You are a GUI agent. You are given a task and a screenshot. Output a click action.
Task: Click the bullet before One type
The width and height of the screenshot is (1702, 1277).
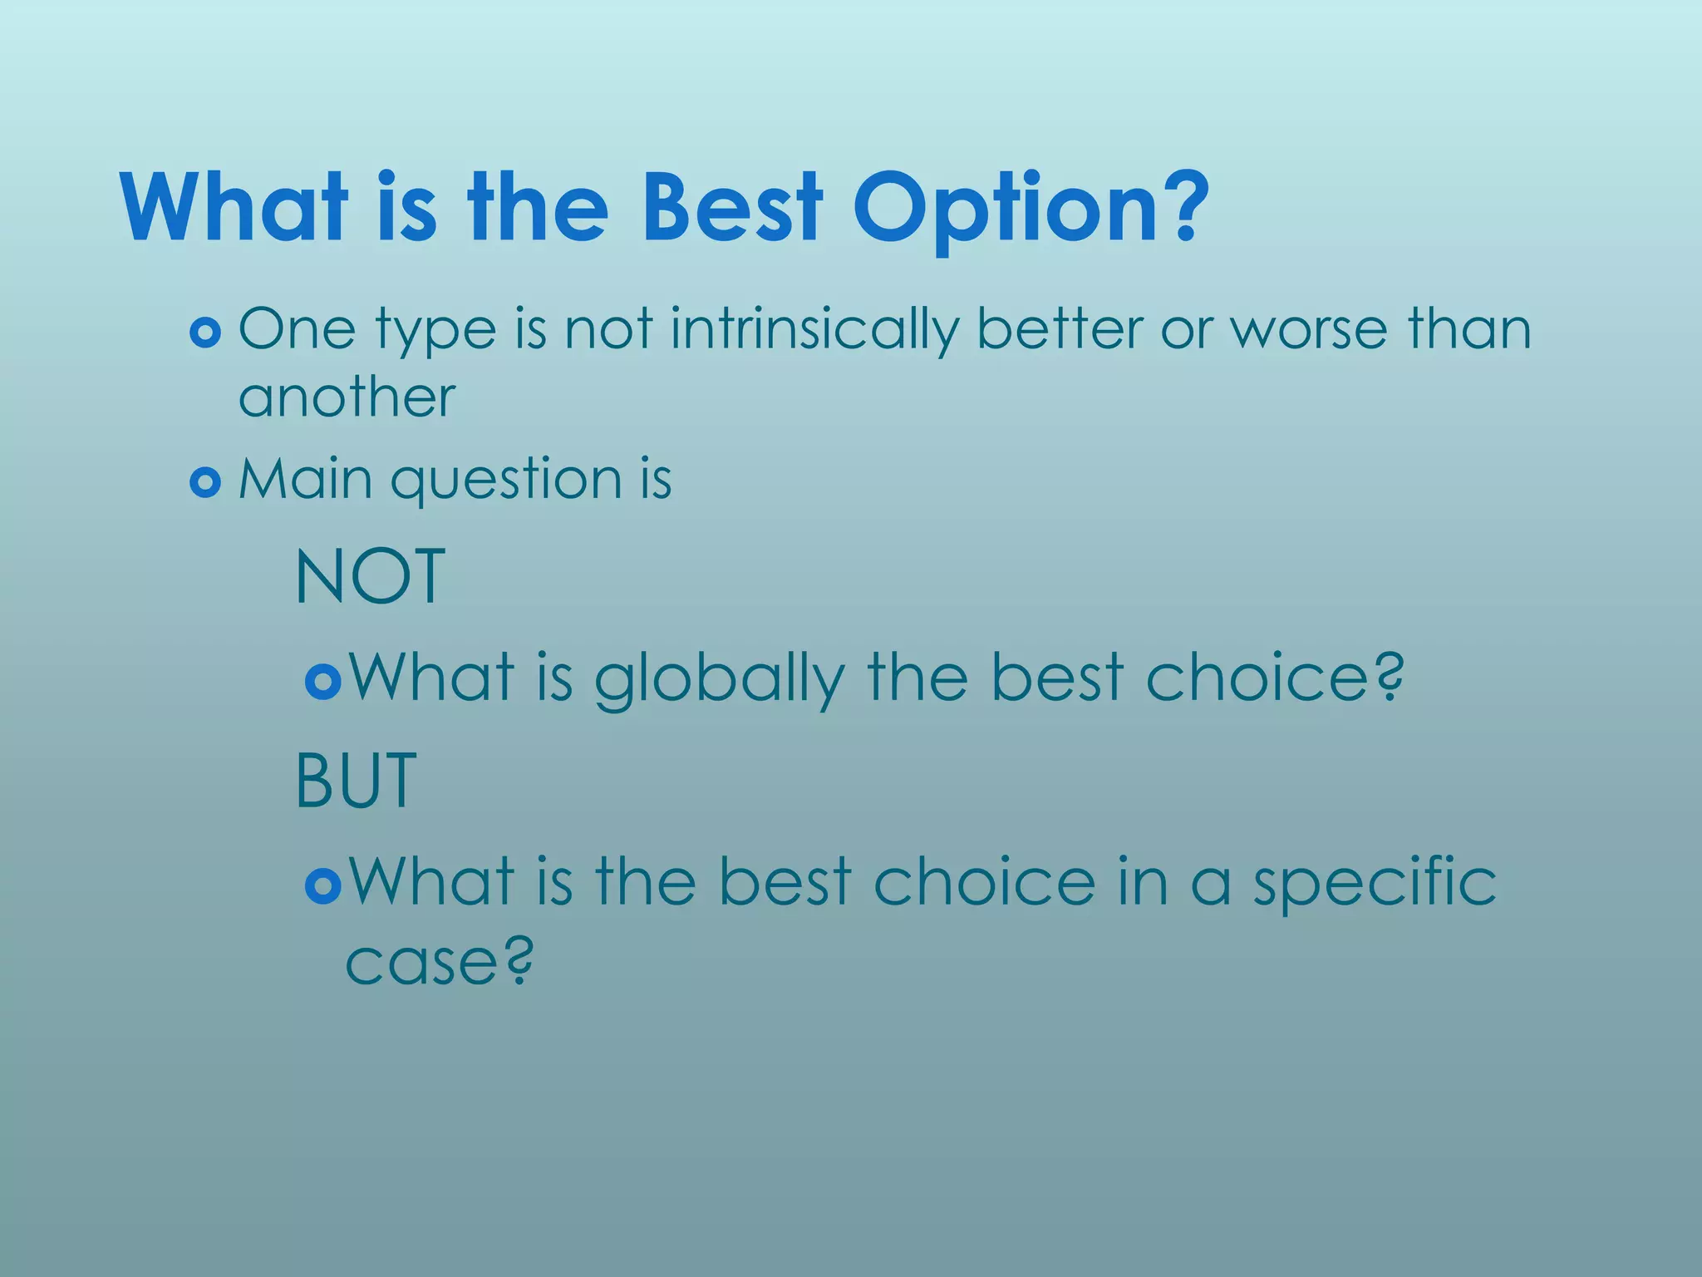205,333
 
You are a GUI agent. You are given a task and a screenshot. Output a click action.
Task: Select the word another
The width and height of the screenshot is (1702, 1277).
347,397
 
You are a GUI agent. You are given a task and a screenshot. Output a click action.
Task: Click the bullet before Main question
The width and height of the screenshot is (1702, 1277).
205,482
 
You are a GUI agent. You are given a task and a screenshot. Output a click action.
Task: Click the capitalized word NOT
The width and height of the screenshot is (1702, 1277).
371,577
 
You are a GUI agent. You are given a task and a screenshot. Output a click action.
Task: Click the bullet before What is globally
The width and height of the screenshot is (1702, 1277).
322,683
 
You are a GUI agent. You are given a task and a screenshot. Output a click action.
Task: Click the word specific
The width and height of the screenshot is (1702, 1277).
1375,883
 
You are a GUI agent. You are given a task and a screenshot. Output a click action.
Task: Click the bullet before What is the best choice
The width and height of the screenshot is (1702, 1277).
322,886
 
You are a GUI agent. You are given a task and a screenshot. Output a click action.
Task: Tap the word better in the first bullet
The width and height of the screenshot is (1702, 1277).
1060,328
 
